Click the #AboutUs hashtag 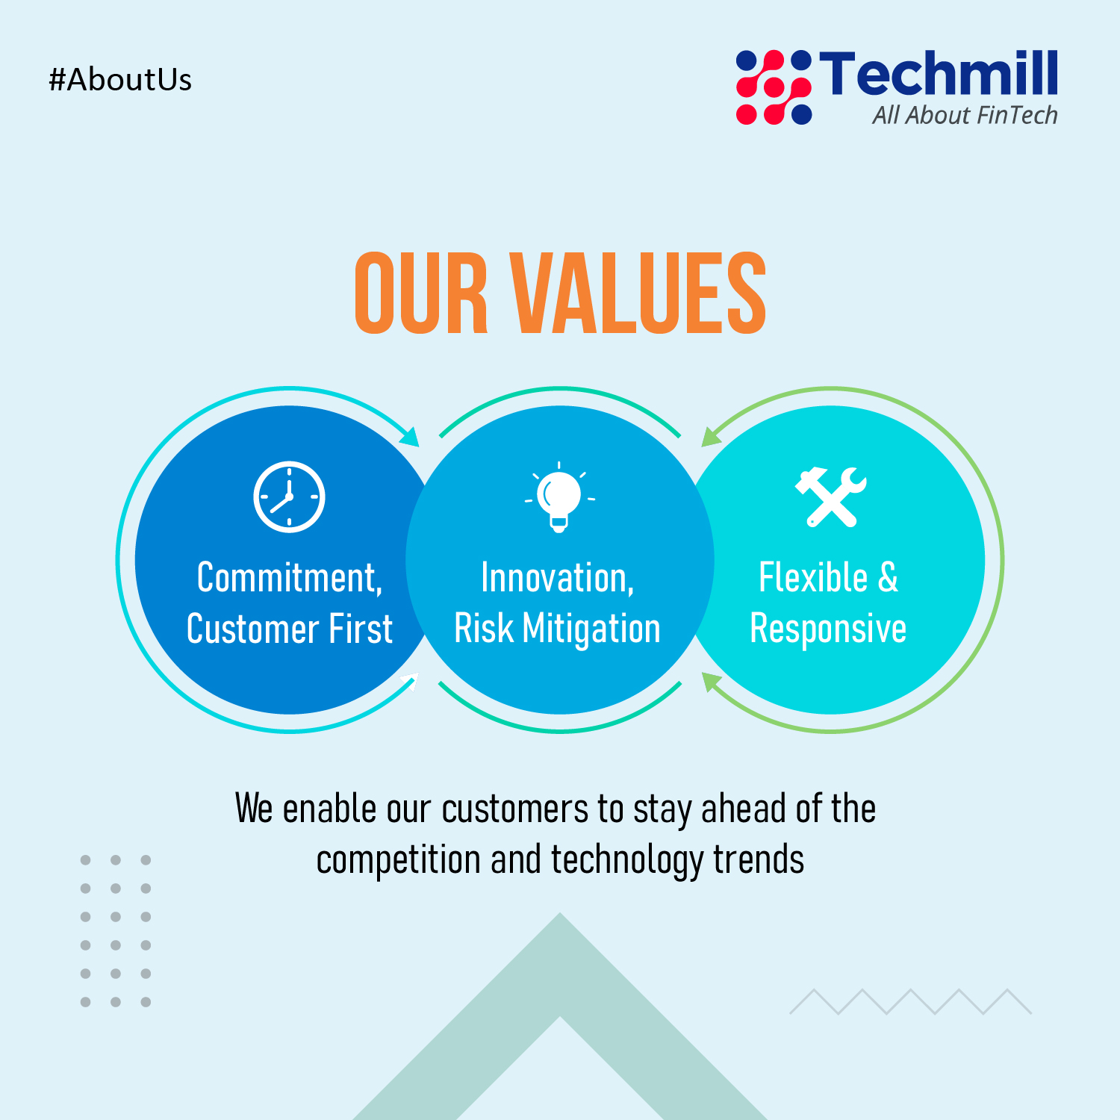pos(120,80)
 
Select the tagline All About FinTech pos(965,115)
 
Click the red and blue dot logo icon pos(774,87)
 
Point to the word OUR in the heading pos(421,293)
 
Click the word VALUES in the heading pos(638,293)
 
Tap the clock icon pos(289,497)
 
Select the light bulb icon pos(559,497)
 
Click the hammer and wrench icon pos(830,497)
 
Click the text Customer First pos(290,629)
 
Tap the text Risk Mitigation pos(558,629)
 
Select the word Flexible pos(813,577)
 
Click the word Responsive pos(828,629)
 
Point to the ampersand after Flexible pos(889,577)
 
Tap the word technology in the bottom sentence pos(626,860)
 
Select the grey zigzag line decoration pos(911,1002)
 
